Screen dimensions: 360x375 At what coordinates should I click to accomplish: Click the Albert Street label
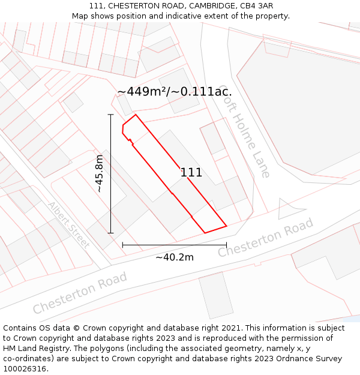pos(68,225)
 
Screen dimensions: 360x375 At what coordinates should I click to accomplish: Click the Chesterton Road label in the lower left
pos(80,292)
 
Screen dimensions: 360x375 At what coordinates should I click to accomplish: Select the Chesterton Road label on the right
pos(265,238)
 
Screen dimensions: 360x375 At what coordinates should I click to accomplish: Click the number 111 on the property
pos(191,173)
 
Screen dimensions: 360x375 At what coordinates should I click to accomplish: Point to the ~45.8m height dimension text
pos(100,173)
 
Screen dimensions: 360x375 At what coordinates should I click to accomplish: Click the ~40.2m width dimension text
pos(175,257)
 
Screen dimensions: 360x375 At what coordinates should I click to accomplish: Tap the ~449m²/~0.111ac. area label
pos(175,92)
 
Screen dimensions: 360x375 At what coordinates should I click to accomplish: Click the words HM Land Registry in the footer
pos(34,349)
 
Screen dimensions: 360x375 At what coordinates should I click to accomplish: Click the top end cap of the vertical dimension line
pos(111,114)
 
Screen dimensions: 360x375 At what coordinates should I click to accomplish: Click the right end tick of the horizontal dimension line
pos(226,245)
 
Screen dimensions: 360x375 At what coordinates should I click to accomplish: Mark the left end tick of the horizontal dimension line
pos(122,245)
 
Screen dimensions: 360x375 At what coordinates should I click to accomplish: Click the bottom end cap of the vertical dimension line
pos(111,233)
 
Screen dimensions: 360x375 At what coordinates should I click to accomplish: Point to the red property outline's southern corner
pos(205,233)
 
